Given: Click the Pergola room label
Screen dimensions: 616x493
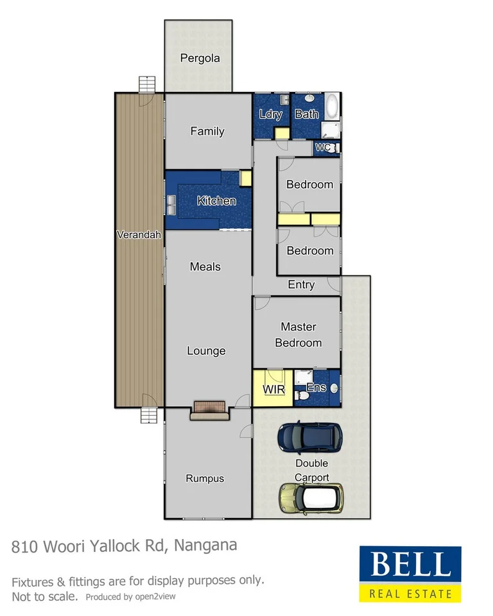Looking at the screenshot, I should coord(200,58).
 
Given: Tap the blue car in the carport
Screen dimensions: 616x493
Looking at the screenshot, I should coord(309,437).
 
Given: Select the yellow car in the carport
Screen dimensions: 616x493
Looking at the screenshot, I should coord(311,498).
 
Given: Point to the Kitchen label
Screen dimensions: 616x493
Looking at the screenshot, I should coord(216,201).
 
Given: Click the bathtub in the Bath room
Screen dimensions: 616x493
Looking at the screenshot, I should coord(333,107).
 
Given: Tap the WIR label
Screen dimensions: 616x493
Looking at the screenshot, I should coord(273,389).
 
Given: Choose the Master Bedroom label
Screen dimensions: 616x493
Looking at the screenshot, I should coord(298,335).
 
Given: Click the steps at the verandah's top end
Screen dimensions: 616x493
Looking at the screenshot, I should coord(147,84).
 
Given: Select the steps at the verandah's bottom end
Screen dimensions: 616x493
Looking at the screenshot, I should coord(148,415).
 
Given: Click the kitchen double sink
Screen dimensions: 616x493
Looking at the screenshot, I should coord(172,205).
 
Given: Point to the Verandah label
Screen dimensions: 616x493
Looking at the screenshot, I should coord(139,235).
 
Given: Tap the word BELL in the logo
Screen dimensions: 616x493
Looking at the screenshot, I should coord(410,565).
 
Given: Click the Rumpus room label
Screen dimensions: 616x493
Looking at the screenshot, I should coord(205,478).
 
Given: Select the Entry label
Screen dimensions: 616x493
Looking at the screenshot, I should coord(301,285).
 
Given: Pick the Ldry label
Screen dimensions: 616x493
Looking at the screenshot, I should coord(270,114).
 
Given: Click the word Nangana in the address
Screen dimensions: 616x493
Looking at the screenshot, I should coord(205,545).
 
